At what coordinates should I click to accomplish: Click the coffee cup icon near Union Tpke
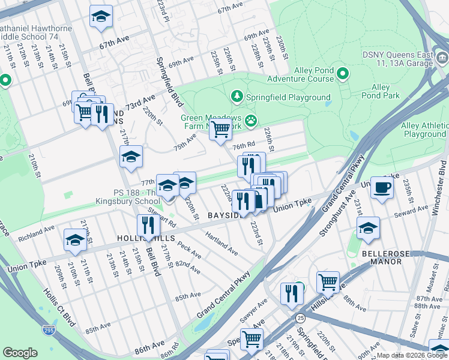click(382, 188)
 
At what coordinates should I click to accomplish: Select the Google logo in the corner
click(20, 353)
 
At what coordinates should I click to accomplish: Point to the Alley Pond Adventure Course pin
click(343, 74)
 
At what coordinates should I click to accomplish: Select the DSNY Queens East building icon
click(442, 58)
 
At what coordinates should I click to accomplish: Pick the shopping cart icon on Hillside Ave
click(328, 282)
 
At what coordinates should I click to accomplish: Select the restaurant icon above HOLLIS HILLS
click(148, 225)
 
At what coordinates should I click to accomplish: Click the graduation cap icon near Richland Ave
click(76, 239)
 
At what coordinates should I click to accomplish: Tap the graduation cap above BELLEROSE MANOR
click(368, 228)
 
